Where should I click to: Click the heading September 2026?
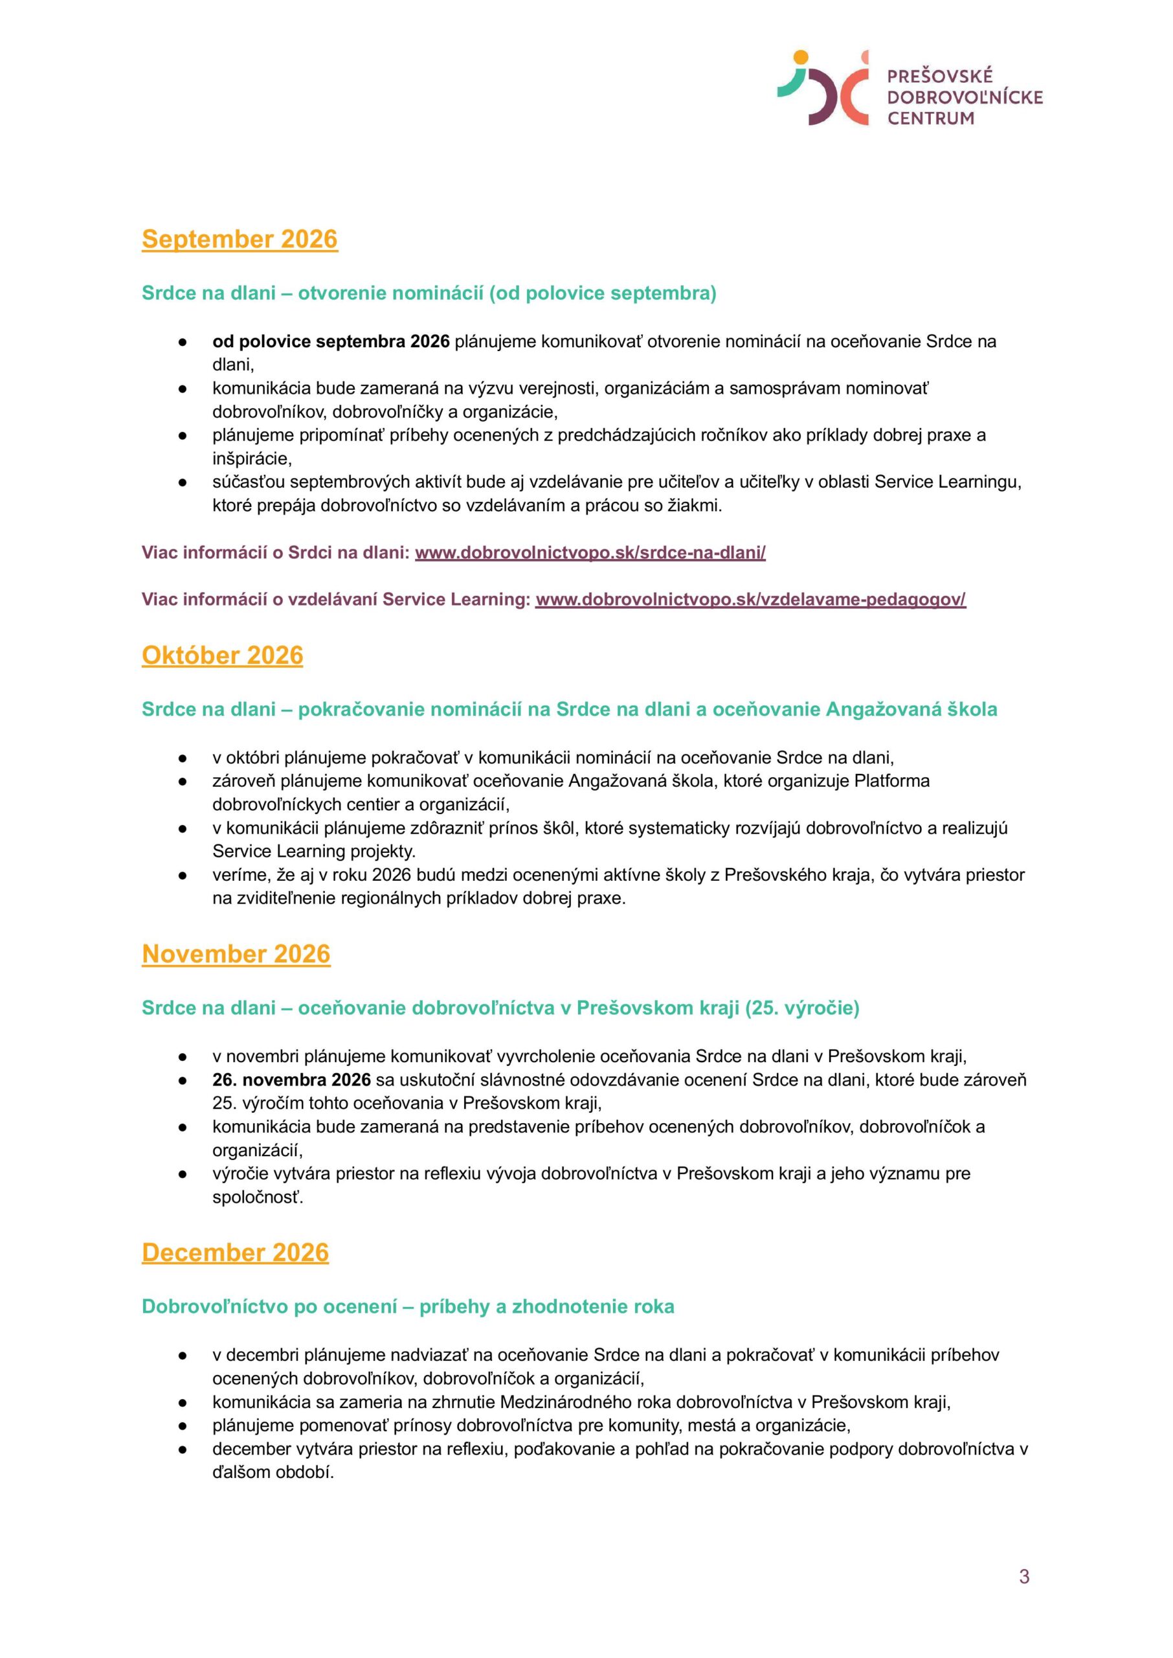(x=239, y=239)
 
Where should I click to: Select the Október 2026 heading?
(x=222, y=655)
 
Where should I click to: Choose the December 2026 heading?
(x=235, y=1252)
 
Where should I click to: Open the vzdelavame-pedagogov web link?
(x=750, y=600)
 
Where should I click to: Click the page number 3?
(x=1023, y=1576)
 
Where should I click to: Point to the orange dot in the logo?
(x=800, y=57)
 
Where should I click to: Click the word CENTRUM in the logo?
(x=930, y=119)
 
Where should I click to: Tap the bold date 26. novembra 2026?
(x=291, y=1080)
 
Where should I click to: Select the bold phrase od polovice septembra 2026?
(x=331, y=341)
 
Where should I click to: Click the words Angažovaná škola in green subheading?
(x=911, y=709)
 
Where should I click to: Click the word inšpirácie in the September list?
(x=251, y=459)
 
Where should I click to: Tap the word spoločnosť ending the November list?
(x=257, y=1197)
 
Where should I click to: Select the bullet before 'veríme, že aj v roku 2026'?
(x=183, y=876)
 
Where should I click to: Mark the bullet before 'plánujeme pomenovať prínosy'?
(x=183, y=1426)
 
